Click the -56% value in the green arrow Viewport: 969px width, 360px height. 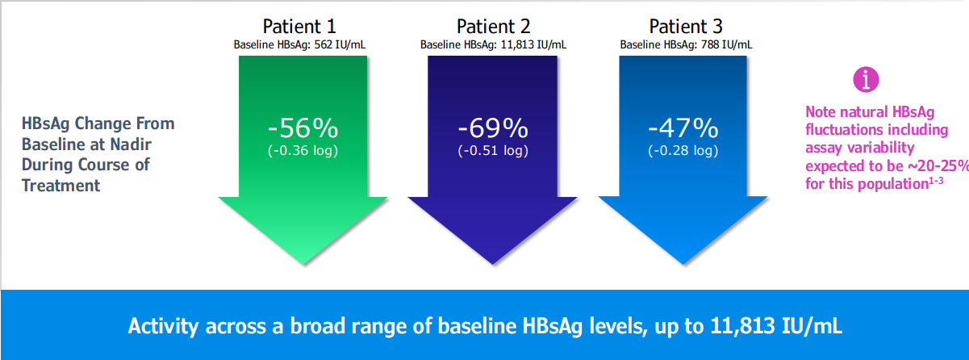[303, 128]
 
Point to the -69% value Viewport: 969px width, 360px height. [493, 128]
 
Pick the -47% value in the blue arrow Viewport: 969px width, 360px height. [683, 128]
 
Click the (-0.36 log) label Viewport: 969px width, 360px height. [303, 150]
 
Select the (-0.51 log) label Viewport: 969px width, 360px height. [493, 150]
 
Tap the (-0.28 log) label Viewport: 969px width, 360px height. [683, 150]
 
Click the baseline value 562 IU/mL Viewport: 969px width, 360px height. [341, 44]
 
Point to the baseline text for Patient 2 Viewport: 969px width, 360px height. [493, 44]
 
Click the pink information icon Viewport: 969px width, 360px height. [866, 79]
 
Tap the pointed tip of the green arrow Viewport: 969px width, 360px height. [303, 263]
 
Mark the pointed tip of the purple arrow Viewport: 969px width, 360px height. [493, 263]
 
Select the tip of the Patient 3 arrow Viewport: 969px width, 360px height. [683, 263]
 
